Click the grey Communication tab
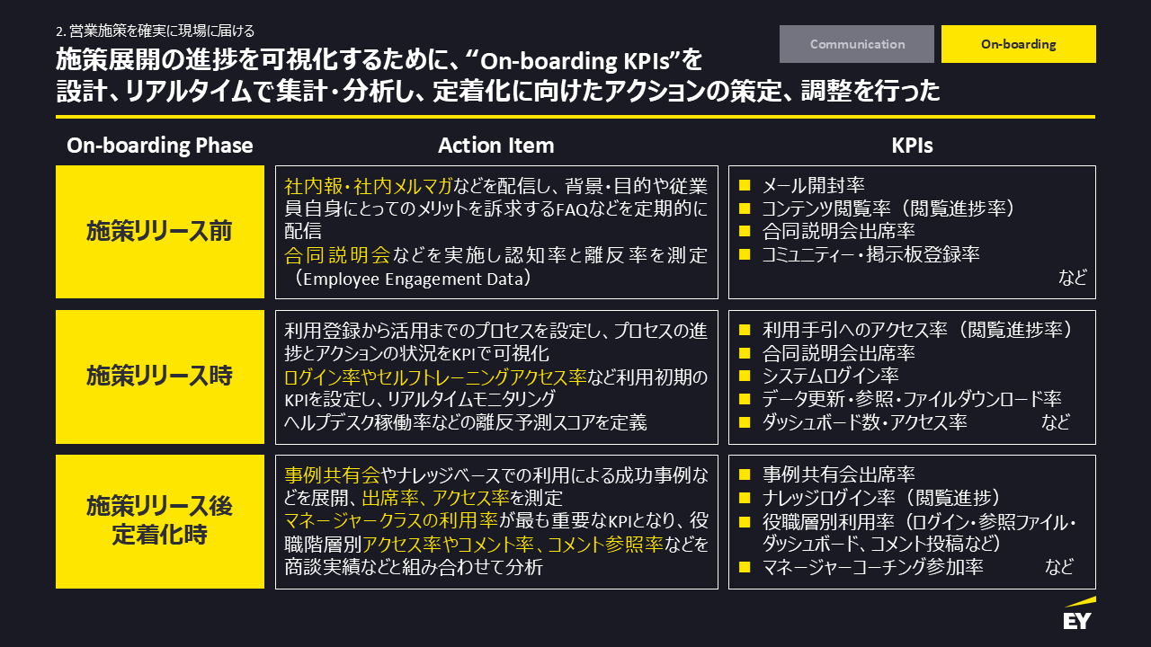tap(857, 44)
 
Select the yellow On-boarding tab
tap(1018, 44)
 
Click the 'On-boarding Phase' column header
tap(160, 146)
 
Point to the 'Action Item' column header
tap(496, 146)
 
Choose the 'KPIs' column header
tap(912, 146)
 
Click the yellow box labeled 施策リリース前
tap(160, 232)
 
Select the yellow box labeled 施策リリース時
tap(160, 377)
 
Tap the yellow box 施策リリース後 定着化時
tap(160, 521)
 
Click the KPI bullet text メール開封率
tap(813, 186)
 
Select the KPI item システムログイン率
tap(830, 376)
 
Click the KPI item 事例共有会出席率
tap(838, 474)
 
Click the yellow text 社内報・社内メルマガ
tap(369, 187)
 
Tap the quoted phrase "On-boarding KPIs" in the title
tap(575, 61)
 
